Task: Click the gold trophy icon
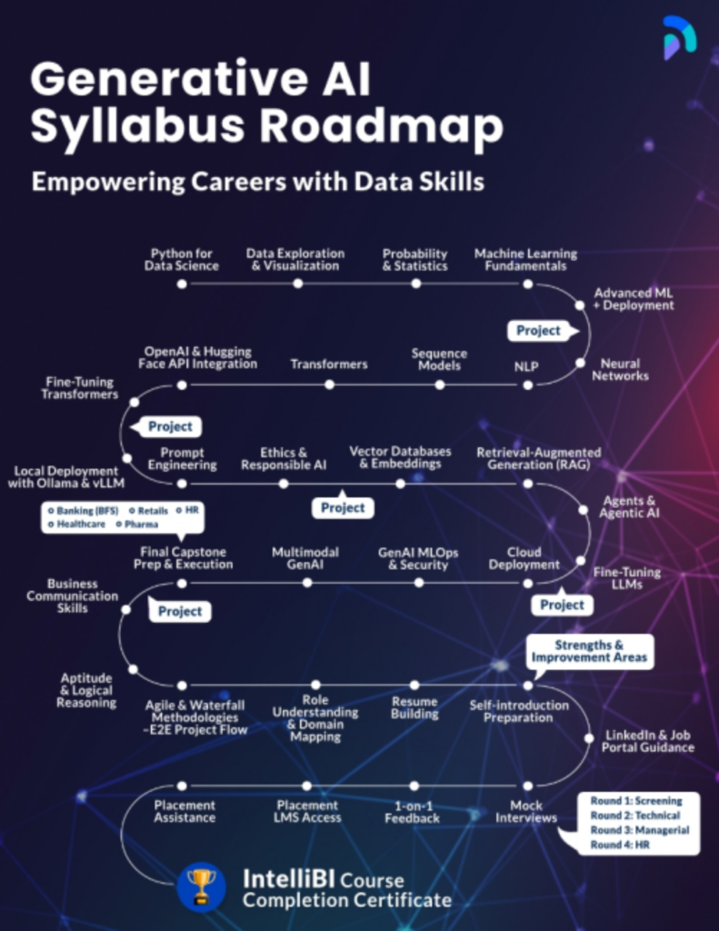coord(201,886)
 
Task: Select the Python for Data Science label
coord(181,259)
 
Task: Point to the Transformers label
coord(329,364)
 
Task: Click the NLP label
coord(526,365)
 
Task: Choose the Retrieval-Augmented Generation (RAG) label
coord(538,458)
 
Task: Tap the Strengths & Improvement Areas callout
coord(590,651)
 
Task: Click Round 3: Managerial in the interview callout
coord(640,830)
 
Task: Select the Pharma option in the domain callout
coord(141,525)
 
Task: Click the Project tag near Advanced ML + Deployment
coord(539,330)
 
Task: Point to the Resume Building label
coord(414,707)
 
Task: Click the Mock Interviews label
coord(526,811)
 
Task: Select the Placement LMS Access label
coord(308,811)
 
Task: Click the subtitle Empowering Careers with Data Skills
coord(257,181)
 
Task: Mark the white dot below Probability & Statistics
coord(415,284)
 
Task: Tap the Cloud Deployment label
coord(524,558)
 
